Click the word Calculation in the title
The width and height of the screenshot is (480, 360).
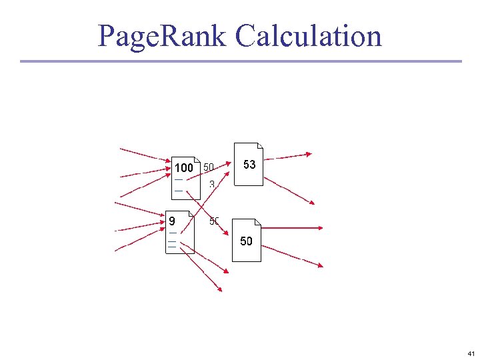pyautogui.click(x=309, y=36)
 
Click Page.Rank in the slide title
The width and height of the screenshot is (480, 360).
pyautogui.click(x=163, y=36)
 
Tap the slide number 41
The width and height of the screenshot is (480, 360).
pyautogui.click(x=471, y=353)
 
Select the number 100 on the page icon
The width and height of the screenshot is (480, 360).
pyautogui.click(x=183, y=167)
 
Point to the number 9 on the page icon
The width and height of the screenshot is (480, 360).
pyautogui.click(x=172, y=220)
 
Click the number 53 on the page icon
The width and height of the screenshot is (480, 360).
pyautogui.click(x=249, y=164)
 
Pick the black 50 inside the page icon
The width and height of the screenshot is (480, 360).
pyautogui.click(x=246, y=241)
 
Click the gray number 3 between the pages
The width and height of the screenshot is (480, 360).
pyautogui.click(x=211, y=184)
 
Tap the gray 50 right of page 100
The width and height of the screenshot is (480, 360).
pyautogui.click(x=209, y=167)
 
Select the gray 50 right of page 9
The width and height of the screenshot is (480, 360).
pyautogui.click(x=214, y=221)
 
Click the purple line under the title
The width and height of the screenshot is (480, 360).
pyautogui.click(x=240, y=61)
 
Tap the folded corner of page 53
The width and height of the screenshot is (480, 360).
pyautogui.click(x=260, y=147)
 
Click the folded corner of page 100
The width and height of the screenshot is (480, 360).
pyautogui.click(x=197, y=160)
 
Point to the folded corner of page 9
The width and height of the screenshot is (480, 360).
pyautogui.click(x=191, y=215)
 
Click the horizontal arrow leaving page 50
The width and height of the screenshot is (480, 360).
pyautogui.click(x=293, y=228)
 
